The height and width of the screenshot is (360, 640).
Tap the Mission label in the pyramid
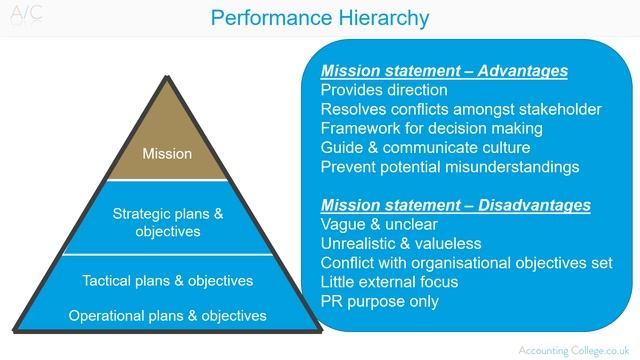166,154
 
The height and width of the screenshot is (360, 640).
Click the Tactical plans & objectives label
167,280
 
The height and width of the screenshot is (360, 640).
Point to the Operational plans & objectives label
167,316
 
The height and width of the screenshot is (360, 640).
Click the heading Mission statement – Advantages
444,72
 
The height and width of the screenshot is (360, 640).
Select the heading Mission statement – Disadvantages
455,206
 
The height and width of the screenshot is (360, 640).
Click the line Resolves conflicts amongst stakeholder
461,110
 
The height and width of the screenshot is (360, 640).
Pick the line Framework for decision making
432,129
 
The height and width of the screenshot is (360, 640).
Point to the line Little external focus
397,282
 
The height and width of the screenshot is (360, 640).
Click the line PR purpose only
379,301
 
